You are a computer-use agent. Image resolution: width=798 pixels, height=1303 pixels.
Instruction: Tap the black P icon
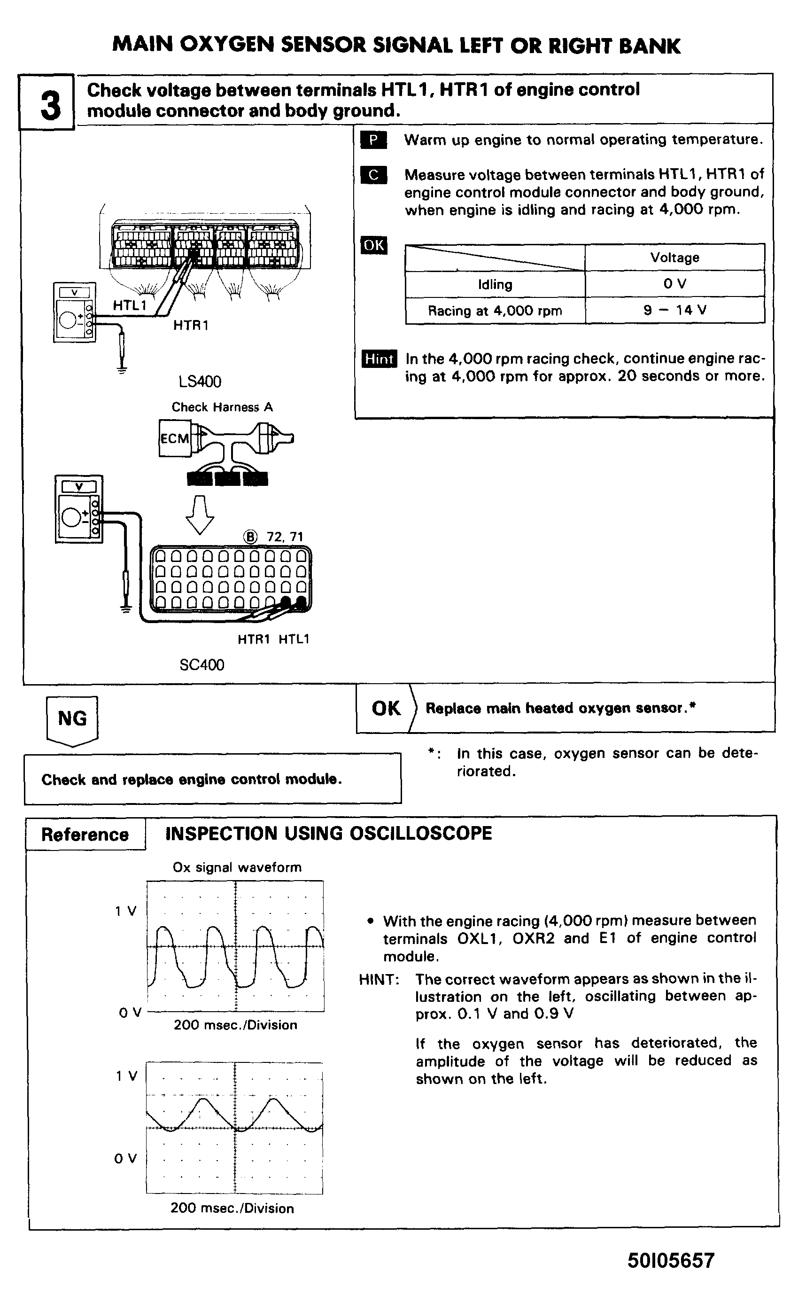pos(373,140)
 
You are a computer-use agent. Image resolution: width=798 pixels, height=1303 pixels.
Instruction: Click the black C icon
pos(373,175)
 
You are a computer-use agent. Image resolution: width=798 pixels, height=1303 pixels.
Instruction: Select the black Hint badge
pos(379,359)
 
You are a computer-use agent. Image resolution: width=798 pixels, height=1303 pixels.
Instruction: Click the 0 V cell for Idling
pos(674,284)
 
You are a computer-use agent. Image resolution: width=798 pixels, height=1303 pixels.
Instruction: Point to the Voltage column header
pos(674,257)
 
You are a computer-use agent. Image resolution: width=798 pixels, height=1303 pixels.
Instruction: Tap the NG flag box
pos(72,719)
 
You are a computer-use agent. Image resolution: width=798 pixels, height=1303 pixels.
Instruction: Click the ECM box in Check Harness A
pos(174,438)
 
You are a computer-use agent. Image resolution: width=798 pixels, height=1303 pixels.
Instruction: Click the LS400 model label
pos(200,381)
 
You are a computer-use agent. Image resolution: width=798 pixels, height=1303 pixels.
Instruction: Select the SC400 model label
pos(202,665)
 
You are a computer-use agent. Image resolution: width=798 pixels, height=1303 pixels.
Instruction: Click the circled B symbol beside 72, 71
pos(250,537)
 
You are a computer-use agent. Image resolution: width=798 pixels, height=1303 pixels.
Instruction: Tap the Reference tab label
pos(85,835)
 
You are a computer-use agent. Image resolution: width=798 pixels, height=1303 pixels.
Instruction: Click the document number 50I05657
pos(671,1261)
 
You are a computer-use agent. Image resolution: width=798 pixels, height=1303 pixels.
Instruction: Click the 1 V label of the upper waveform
pos(126,911)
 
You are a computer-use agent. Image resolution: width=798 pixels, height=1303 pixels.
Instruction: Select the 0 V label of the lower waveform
pos(125,1159)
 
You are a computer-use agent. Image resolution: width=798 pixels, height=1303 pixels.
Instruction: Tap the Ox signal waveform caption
pos(237,867)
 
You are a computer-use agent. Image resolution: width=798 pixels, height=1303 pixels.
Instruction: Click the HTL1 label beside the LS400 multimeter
pos(130,305)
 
